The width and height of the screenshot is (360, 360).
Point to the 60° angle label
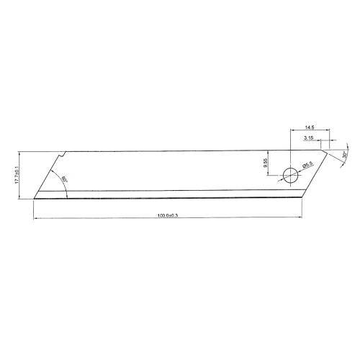point(63,178)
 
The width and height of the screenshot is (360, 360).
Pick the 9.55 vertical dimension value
point(266,163)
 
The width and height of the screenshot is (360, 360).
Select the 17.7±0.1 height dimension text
point(17,174)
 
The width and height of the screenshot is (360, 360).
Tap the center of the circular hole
point(289,174)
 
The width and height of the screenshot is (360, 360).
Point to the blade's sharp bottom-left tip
point(34,198)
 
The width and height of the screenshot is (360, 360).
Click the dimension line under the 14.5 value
point(310,130)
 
